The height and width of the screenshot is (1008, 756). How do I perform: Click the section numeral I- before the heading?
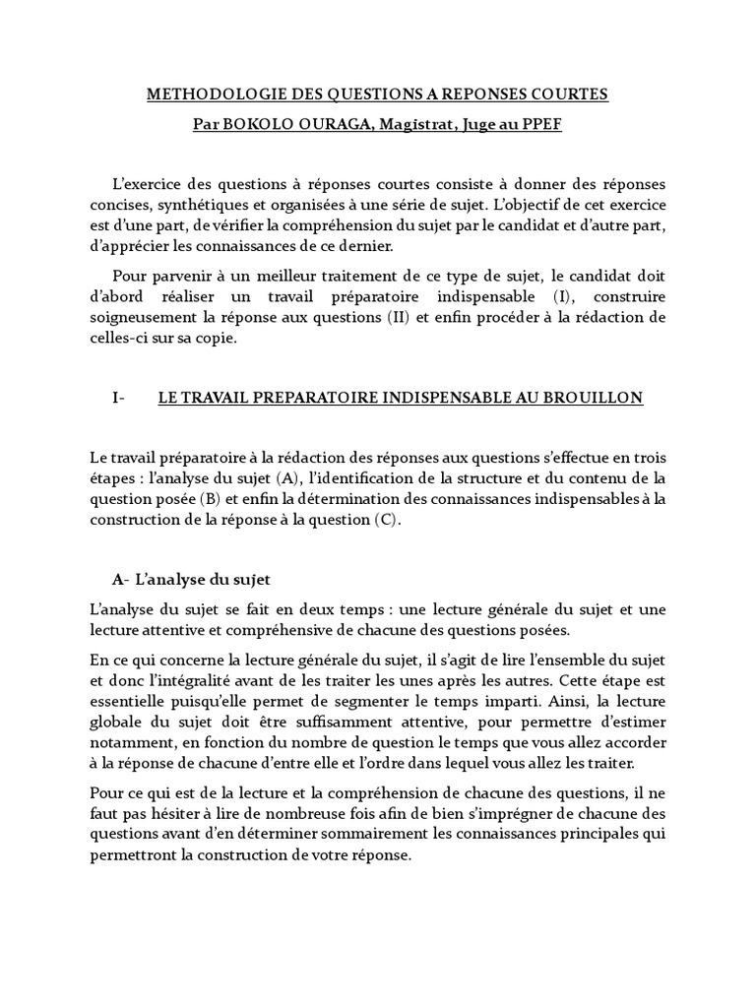[x=120, y=398]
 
